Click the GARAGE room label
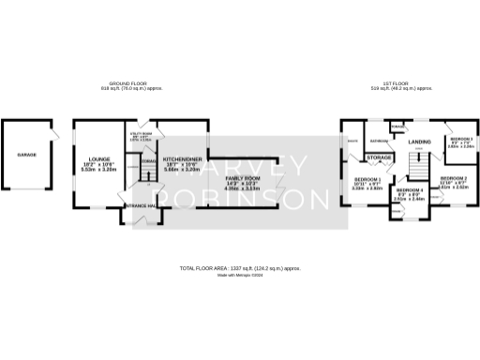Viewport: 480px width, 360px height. click(x=26, y=154)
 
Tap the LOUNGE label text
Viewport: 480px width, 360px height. click(x=100, y=159)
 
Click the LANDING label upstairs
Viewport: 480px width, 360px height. click(x=419, y=142)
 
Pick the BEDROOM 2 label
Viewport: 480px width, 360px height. click(x=454, y=177)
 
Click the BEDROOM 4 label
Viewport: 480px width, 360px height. click(x=410, y=188)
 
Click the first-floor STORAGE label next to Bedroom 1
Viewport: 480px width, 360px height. click(x=379, y=157)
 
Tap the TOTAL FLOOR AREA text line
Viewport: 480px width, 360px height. click(x=239, y=269)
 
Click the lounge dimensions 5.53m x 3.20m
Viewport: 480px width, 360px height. click(x=100, y=170)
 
